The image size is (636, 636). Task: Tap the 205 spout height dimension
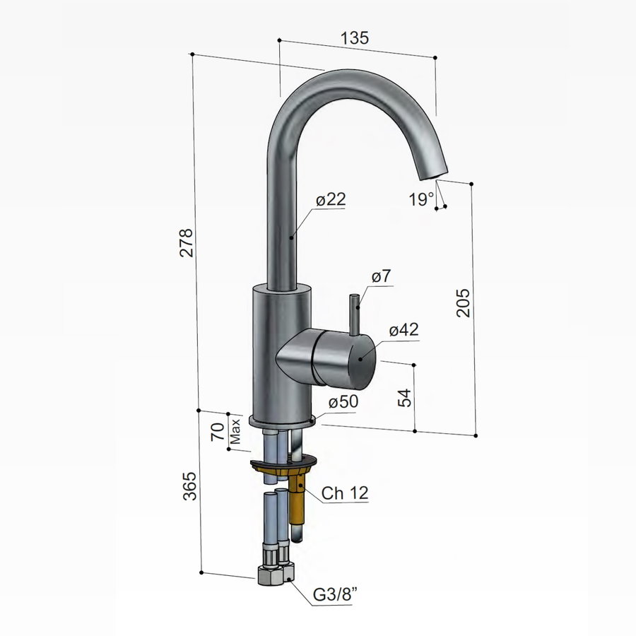(x=462, y=302)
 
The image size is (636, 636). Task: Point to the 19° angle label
(x=421, y=200)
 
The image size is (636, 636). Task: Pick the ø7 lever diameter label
(x=381, y=278)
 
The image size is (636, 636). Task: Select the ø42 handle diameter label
(x=404, y=330)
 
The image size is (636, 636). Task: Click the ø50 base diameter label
(x=343, y=401)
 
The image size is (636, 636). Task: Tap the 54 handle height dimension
(x=404, y=397)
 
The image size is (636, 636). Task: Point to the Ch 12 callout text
(x=345, y=493)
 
